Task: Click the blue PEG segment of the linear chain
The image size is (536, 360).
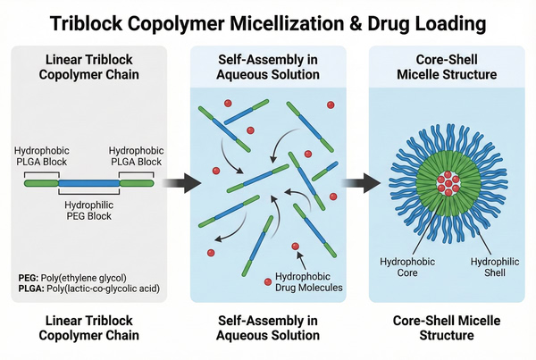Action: [89, 182]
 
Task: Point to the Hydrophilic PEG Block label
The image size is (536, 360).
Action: [89, 211]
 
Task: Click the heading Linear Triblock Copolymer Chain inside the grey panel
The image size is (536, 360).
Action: [88, 66]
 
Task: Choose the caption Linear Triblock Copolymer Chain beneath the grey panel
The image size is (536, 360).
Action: [88, 328]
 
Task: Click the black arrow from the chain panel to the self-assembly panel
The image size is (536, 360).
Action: [179, 184]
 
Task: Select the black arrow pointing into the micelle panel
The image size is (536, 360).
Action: [357, 184]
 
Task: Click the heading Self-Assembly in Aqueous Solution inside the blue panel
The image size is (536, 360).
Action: [268, 66]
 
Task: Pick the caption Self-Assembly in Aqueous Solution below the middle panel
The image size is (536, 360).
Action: [268, 328]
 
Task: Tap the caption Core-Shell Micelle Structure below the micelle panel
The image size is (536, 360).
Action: [447, 328]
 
